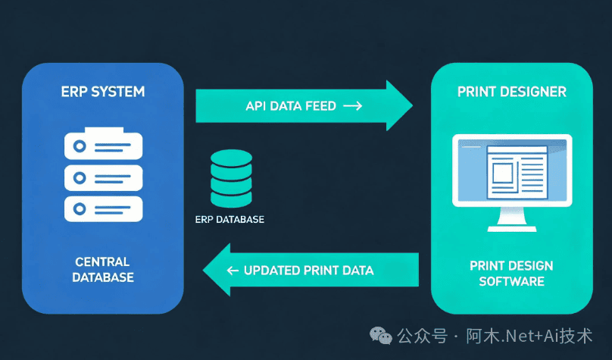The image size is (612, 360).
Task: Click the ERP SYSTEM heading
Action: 103,92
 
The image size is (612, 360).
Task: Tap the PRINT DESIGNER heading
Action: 512,92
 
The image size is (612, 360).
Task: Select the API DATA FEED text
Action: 291,106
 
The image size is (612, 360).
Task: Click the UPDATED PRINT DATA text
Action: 309,271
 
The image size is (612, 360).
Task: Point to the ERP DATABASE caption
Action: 229,220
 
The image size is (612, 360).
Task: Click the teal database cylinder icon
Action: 232,178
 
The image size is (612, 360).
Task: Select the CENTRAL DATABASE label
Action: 103,269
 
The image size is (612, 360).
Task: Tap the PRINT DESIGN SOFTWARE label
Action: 512,274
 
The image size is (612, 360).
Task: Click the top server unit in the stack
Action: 104,144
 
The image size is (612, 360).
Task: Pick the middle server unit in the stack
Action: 104,177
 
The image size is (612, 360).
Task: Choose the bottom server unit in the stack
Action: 104,209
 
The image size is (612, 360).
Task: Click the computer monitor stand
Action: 512,220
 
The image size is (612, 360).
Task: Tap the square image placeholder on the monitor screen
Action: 502,173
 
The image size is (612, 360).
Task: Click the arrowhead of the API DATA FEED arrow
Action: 399,105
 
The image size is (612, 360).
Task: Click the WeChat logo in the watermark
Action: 380,336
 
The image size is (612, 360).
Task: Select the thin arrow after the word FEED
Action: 353,106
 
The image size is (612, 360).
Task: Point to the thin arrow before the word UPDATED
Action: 233,271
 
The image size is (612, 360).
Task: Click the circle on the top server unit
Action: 80,146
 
